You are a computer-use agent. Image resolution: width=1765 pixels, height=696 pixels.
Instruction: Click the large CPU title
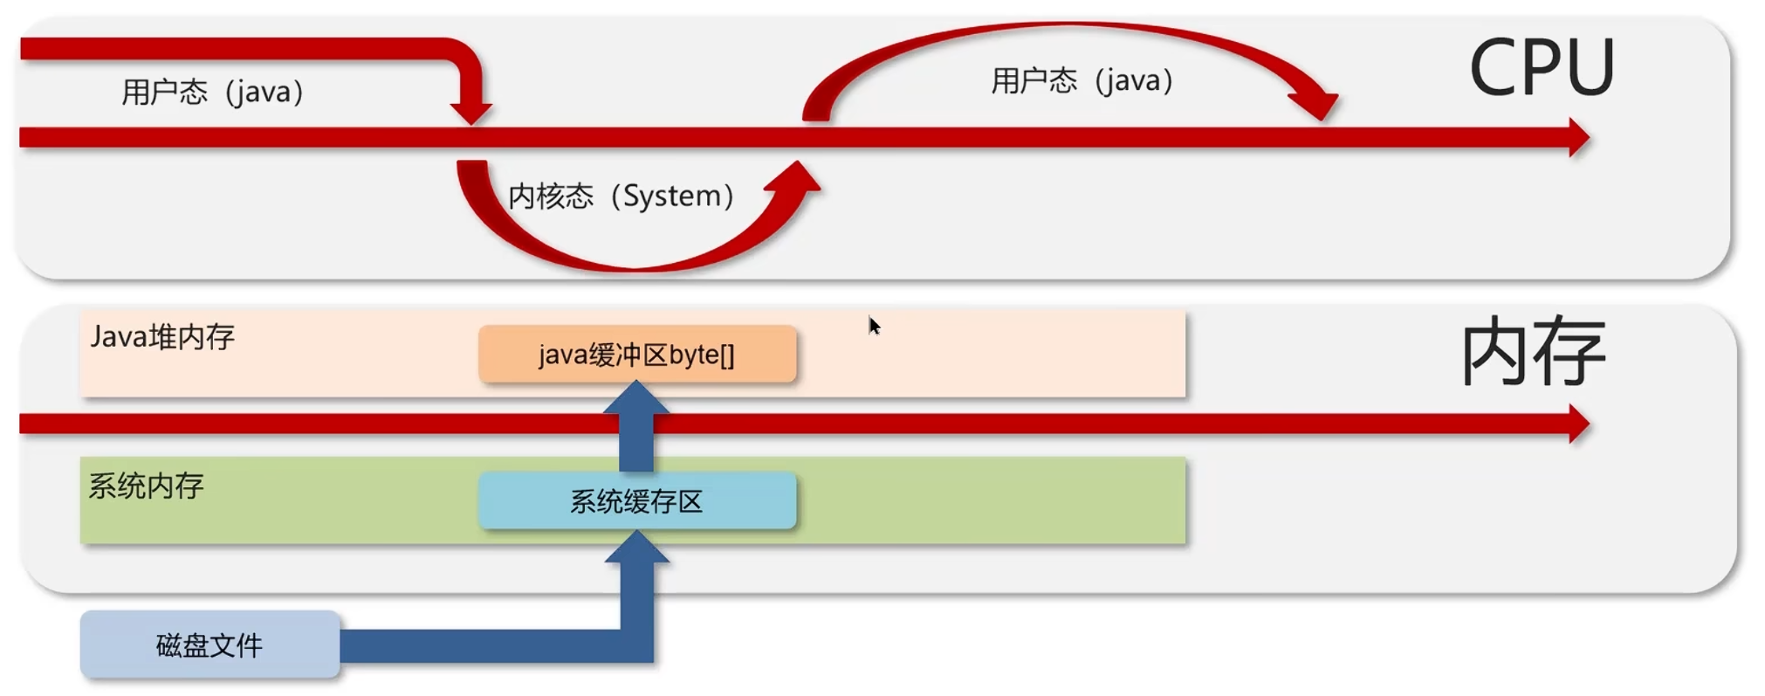pyautogui.click(x=1542, y=67)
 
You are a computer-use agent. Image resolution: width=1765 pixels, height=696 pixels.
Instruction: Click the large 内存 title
pyautogui.click(x=1534, y=352)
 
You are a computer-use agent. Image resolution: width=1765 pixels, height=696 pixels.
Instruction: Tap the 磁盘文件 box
pyautogui.click(x=209, y=645)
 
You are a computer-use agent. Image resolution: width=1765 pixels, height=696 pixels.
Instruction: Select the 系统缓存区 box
pyautogui.click(x=637, y=501)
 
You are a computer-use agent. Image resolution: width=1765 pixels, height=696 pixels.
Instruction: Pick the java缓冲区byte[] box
pyautogui.click(x=637, y=355)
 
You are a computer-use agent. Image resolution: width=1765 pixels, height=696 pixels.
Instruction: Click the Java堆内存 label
pyautogui.click(x=162, y=336)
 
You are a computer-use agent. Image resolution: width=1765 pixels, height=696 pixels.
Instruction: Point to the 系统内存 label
pyautogui.click(x=146, y=486)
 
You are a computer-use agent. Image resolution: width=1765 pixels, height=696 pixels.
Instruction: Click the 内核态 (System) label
pyautogui.click(x=621, y=196)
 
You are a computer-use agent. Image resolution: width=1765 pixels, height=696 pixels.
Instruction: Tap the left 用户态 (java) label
pyautogui.click(x=212, y=92)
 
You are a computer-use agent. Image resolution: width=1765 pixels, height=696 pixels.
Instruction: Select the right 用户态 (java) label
pyautogui.click(x=1082, y=81)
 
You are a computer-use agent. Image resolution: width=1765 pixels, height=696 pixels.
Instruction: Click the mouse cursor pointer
pyautogui.click(x=874, y=326)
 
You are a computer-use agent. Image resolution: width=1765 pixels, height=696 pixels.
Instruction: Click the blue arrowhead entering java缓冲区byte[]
pyautogui.click(x=637, y=399)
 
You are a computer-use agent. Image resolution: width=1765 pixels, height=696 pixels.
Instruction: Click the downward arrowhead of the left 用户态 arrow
pyautogui.click(x=471, y=112)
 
